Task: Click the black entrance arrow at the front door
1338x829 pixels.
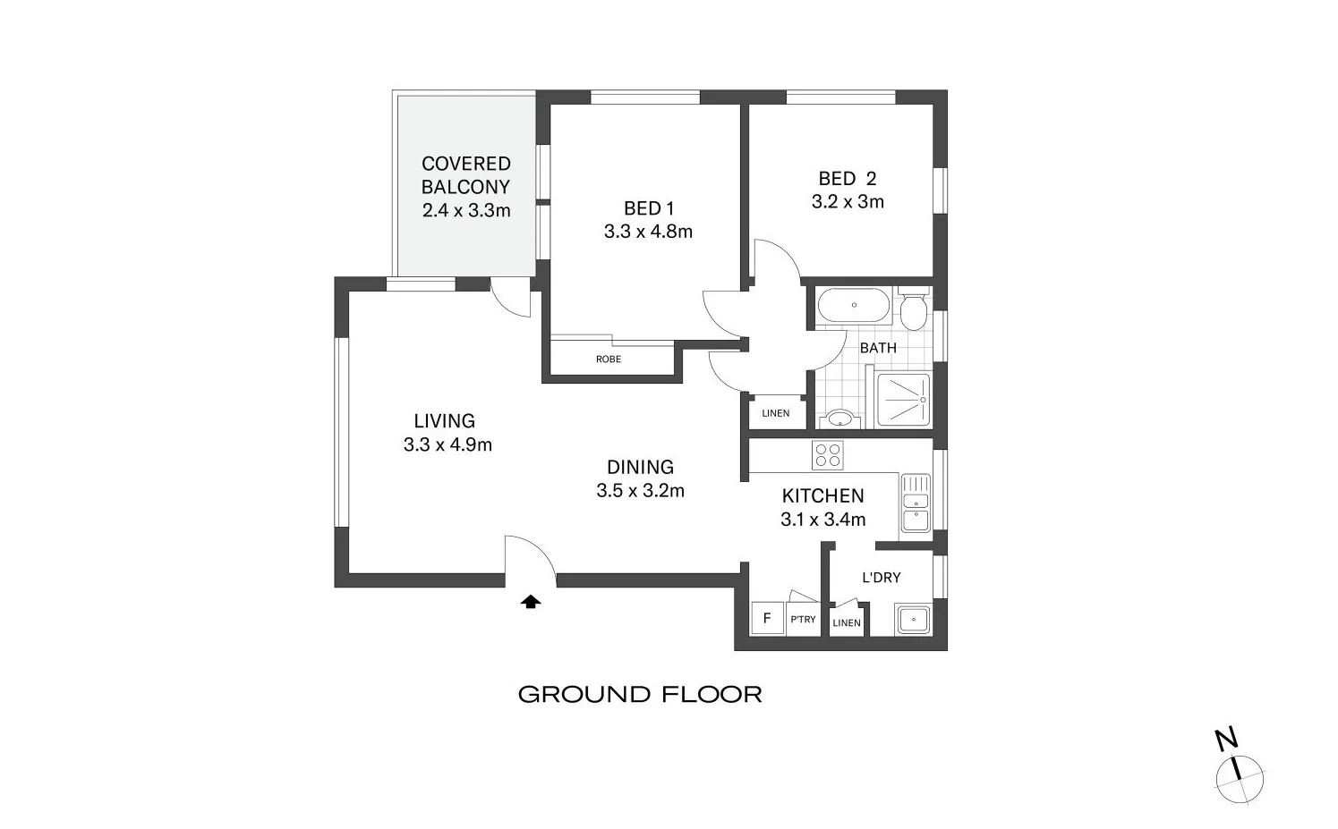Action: click(531, 602)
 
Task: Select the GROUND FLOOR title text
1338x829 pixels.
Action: click(640, 694)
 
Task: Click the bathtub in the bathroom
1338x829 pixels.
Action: click(853, 305)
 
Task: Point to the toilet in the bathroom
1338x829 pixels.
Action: click(913, 309)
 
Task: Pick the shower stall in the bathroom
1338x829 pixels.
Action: click(903, 399)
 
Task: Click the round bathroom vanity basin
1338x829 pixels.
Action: click(839, 418)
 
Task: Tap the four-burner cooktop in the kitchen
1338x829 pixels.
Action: click(827, 455)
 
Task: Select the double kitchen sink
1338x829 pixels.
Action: click(916, 503)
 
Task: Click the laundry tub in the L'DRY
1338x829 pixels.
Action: click(914, 619)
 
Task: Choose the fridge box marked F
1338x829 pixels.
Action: click(767, 618)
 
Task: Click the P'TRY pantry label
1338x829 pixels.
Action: click(803, 619)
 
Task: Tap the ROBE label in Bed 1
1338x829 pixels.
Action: click(609, 360)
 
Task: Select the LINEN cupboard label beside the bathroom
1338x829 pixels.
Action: click(776, 413)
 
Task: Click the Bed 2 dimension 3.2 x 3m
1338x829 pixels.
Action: click(848, 202)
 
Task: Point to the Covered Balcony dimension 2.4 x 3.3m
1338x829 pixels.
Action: click(466, 210)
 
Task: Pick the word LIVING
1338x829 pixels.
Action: click(444, 420)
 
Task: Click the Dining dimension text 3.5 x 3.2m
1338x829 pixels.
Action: click(640, 490)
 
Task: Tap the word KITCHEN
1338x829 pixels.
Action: click(822, 495)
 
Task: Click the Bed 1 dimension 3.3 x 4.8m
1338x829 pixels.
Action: click(648, 232)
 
